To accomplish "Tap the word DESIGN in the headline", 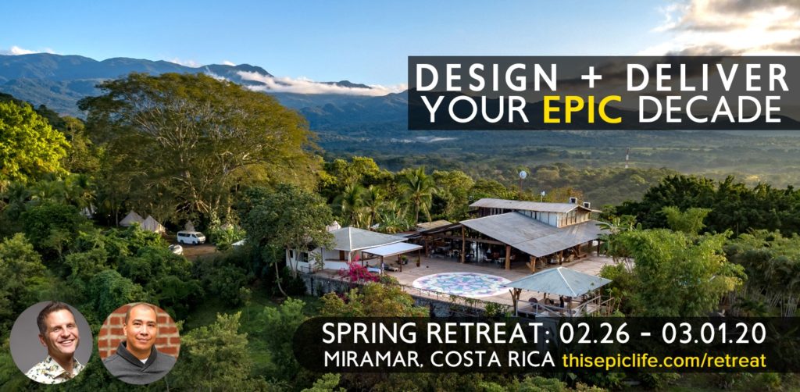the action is click(x=486, y=77).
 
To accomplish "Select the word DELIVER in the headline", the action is click(x=707, y=77).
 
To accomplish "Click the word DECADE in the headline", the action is click(x=709, y=109).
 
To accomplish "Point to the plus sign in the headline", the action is click(x=591, y=79).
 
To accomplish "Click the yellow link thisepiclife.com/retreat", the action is click(x=664, y=360).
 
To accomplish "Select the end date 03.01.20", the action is click(x=714, y=333).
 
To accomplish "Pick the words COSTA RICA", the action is click(x=492, y=360).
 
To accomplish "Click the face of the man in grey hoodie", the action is click(x=141, y=329).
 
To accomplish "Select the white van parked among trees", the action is click(x=191, y=237).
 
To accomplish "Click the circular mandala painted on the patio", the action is click(x=461, y=284).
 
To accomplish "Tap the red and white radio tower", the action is click(x=627, y=158).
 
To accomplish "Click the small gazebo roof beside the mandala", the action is click(x=558, y=281).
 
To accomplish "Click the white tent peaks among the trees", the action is click(x=142, y=221).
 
